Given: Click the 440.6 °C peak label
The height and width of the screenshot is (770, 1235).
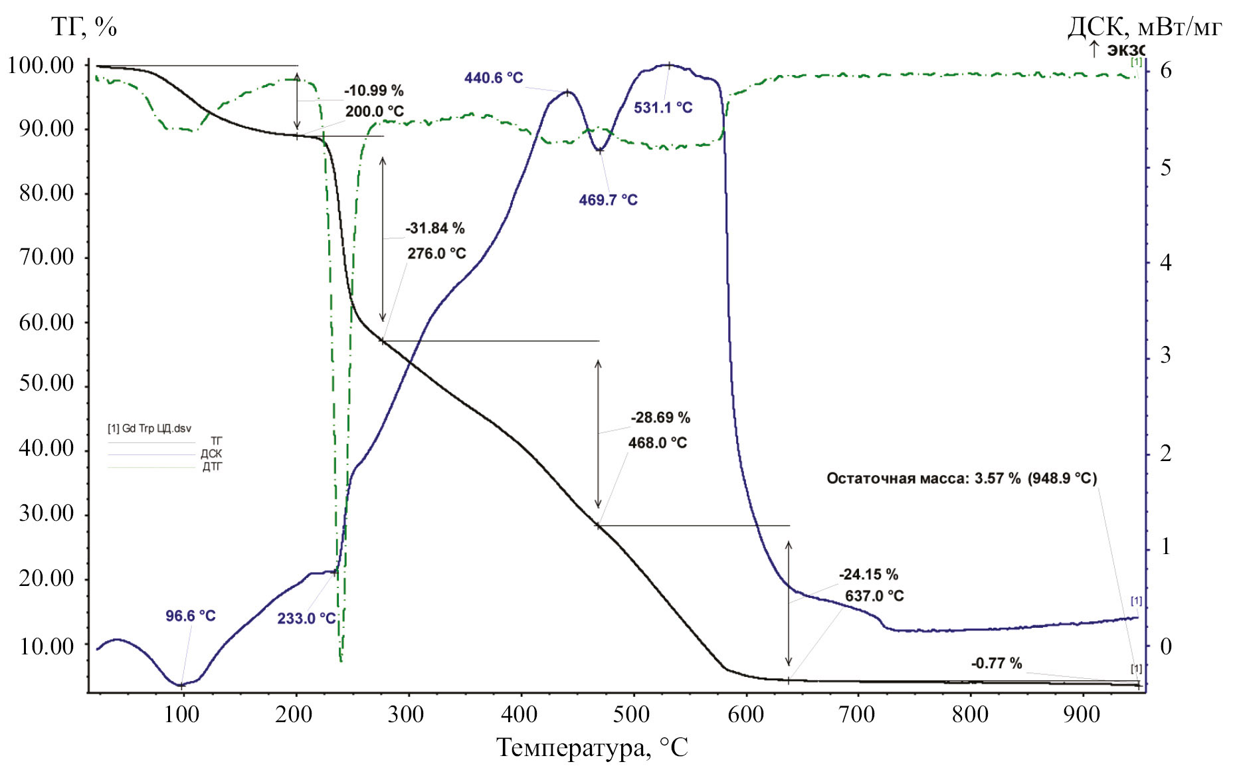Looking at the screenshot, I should [x=494, y=78].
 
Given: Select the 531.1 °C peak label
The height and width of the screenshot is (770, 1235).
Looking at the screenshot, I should [x=662, y=108].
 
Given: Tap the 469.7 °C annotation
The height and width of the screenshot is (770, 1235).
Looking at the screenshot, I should [x=608, y=200].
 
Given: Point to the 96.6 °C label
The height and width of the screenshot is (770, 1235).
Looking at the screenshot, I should [x=190, y=616].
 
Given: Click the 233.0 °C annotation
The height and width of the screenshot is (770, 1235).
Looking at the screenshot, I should [x=306, y=619].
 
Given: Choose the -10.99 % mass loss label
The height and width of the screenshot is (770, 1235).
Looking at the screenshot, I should [x=373, y=90].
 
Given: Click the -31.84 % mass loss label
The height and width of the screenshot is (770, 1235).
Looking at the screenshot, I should [x=434, y=229].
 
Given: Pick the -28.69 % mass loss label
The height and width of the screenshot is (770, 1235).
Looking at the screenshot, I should [x=660, y=418].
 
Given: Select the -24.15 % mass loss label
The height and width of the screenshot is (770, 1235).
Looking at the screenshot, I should [x=868, y=574].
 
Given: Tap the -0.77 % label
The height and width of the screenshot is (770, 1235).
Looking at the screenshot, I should [x=996, y=663].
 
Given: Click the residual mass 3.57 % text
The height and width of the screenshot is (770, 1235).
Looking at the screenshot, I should [x=961, y=478].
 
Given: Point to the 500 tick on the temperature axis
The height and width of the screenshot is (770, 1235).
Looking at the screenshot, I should [x=631, y=715].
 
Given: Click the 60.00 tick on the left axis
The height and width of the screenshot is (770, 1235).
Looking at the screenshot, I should [x=47, y=322].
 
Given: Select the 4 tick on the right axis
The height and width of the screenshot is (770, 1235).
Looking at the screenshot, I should [x=1165, y=263].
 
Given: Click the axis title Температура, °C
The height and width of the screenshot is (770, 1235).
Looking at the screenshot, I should [x=592, y=748].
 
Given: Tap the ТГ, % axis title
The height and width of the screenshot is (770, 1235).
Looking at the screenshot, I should [x=84, y=27].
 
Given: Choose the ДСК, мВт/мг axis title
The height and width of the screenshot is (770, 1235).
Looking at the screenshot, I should [x=1144, y=27].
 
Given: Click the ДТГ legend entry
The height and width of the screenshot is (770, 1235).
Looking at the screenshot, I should [x=212, y=467].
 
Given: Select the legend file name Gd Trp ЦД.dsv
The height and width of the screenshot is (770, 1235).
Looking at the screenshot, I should [x=149, y=429].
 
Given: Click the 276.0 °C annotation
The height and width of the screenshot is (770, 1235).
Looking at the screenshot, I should [x=436, y=253].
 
